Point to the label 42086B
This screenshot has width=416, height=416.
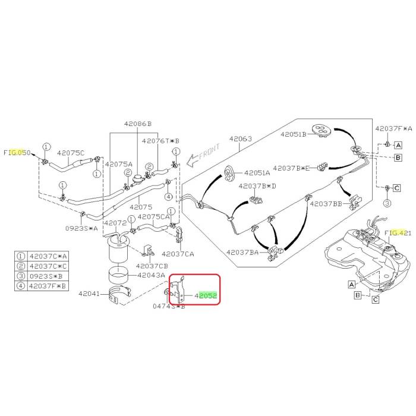click(x=138, y=124)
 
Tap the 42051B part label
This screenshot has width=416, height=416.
click(x=293, y=134)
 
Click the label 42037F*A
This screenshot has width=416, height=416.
click(x=393, y=128)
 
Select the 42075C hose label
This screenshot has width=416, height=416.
click(x=71, y=153)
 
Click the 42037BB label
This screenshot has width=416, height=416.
click(x=327, y=204)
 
